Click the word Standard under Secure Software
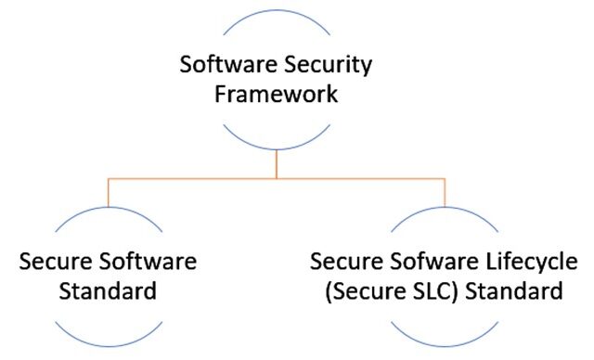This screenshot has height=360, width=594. pyautogui.click(x=108, y=291)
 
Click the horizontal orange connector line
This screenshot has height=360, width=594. pyautogui.click(x=278, y=178)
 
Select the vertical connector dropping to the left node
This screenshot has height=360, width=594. pyautogui.click(x=109, y=192)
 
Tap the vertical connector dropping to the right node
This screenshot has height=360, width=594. pyautogui.click(x=446, y=192)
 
